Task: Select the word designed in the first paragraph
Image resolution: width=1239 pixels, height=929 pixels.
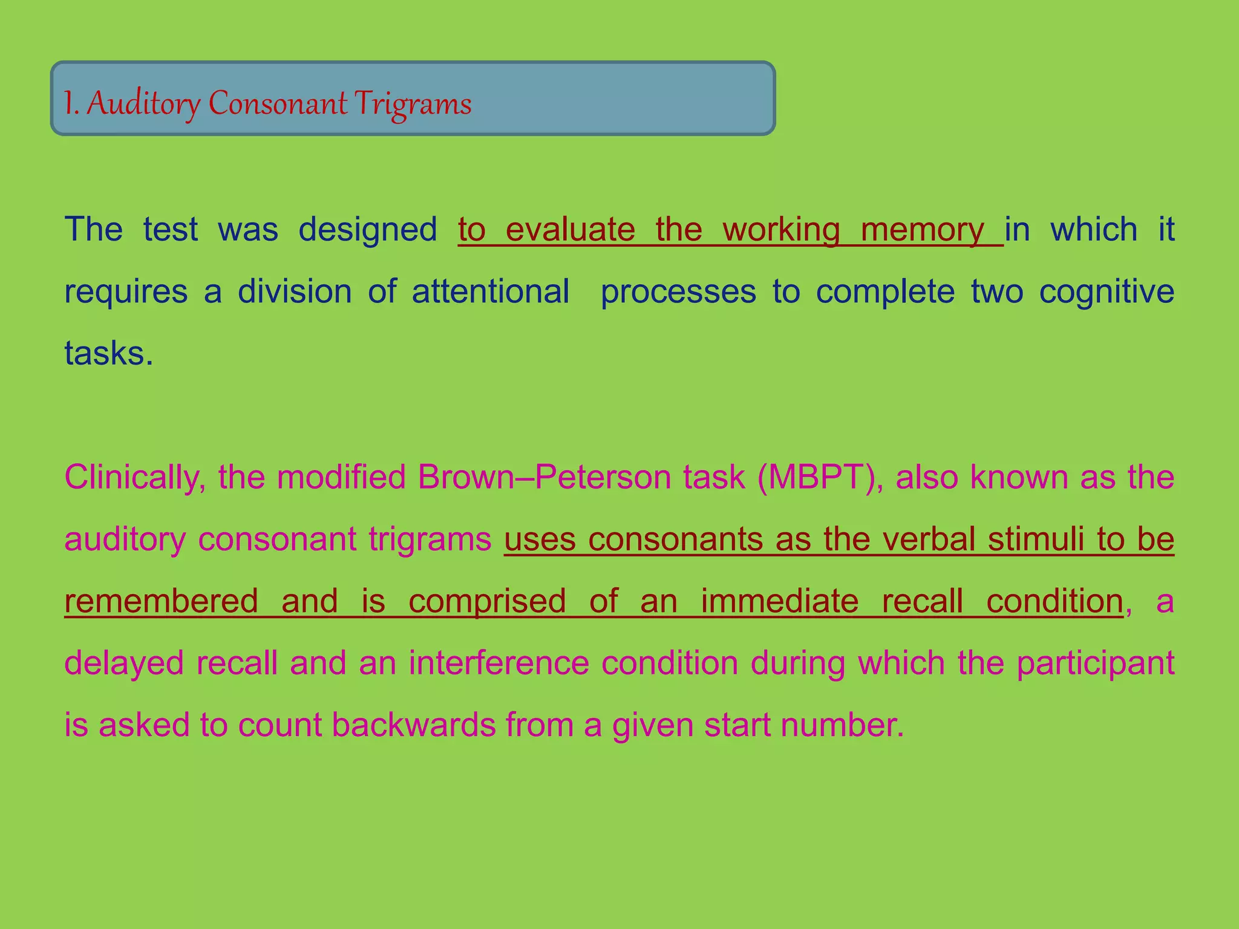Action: [367, 230]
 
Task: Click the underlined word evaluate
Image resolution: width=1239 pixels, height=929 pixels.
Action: [570, 230]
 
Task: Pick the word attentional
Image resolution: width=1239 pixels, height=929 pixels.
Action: [490, 292]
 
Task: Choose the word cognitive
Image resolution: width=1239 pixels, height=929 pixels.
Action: [1107, 292]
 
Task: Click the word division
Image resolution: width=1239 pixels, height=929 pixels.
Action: [295, 292]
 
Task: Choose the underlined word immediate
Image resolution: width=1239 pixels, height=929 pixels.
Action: [779, 601]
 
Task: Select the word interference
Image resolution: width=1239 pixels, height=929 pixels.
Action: [499, 663]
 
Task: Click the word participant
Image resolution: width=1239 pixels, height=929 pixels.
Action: [1095, 663]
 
